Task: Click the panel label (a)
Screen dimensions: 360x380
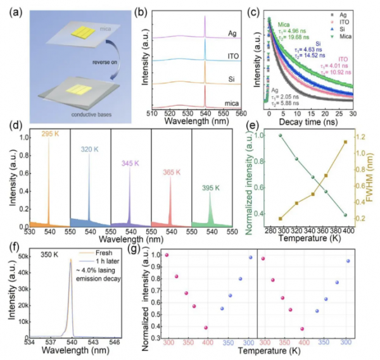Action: tap(12, 11)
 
